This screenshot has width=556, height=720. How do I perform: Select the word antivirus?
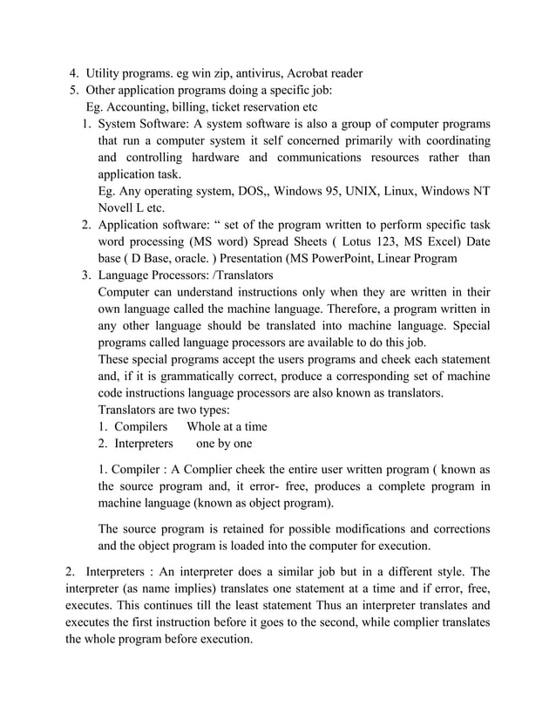(x=259, y=72)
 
